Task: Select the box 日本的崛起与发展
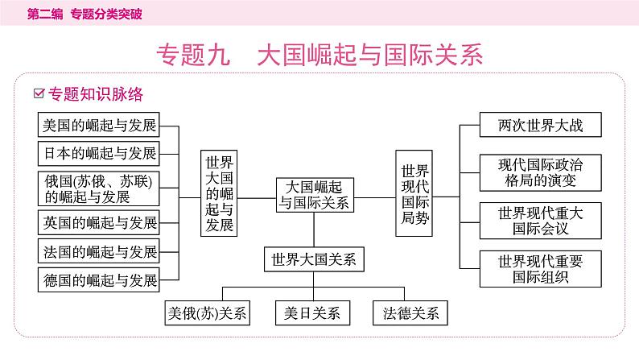point(99,153)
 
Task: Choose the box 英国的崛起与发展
point(99,222)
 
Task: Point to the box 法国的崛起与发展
point(99,251)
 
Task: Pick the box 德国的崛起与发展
point(99,280)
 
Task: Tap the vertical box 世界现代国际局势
point(414,192)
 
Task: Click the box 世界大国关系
point(314,259)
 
